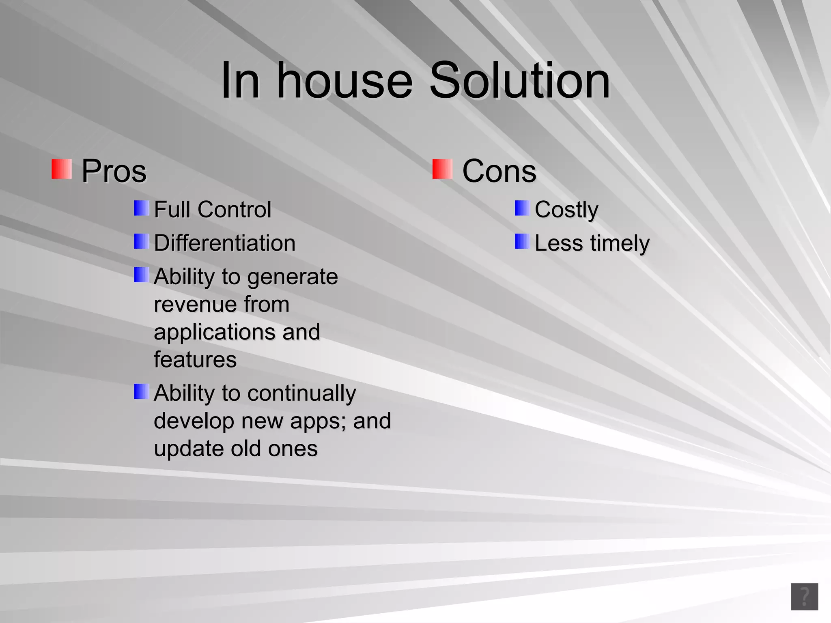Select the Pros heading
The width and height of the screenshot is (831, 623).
(x=114, y=171)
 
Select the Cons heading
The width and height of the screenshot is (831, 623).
(x=499, y=171)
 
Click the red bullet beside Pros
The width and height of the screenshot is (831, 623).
(x=62, y=169)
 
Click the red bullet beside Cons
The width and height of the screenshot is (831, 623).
(x=442, y=169)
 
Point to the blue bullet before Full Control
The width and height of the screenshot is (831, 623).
(x=142, y=208)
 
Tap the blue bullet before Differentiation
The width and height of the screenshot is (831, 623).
(x=142, y=241)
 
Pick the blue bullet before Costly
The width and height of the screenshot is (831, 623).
(x=522, y=208)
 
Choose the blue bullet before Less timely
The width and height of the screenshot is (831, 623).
(x=522, y=241)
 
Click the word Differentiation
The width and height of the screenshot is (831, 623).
(x=224, y=243)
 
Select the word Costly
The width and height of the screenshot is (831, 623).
(x=566, y=210)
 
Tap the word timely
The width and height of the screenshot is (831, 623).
(x=620, y=244)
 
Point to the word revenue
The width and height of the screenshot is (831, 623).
(x=195, y=305)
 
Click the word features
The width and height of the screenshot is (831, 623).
(x=195, y=360)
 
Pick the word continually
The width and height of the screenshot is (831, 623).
(x=301, y=393)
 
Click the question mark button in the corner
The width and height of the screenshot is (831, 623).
(x=804, y=597)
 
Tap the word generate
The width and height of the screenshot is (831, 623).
(x=292, y=277)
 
